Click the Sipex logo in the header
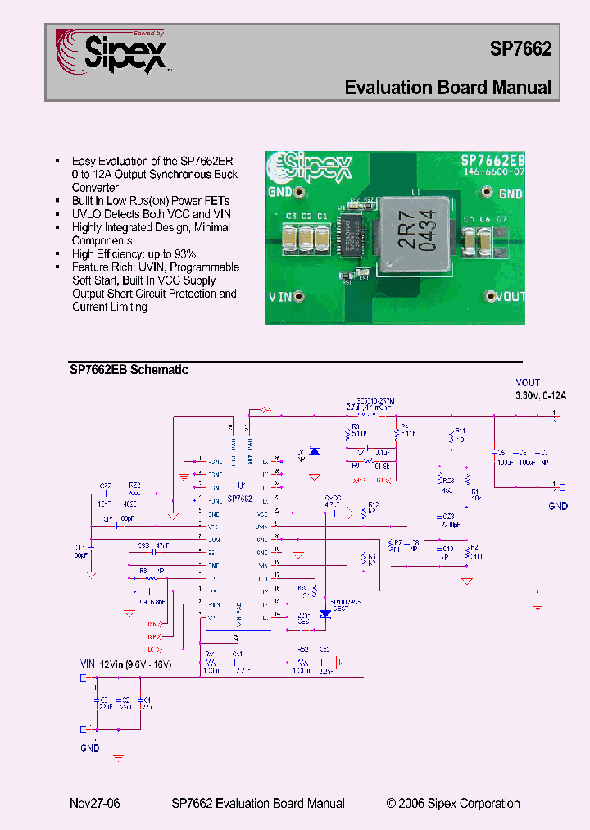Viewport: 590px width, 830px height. (x=111, y=52)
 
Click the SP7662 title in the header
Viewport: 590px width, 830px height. (x=520, y=48)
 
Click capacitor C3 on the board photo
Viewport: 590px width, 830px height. (x=290, y=236)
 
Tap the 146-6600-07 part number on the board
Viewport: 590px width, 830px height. (x=493, y=173)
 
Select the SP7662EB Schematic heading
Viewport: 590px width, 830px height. (x=129, y=370)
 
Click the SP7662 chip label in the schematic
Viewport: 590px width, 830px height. (x=239, y=498)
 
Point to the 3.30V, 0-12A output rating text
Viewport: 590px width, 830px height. (x=541, y=395)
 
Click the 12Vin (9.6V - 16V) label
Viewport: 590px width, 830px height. (x=135, y=664)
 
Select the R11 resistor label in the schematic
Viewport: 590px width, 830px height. (x=460, y=430)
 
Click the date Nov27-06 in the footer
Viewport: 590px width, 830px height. (x=95, y=804)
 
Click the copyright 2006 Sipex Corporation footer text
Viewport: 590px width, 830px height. (x=453, y=804)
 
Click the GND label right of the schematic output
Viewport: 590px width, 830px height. (x=557, y=506)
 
